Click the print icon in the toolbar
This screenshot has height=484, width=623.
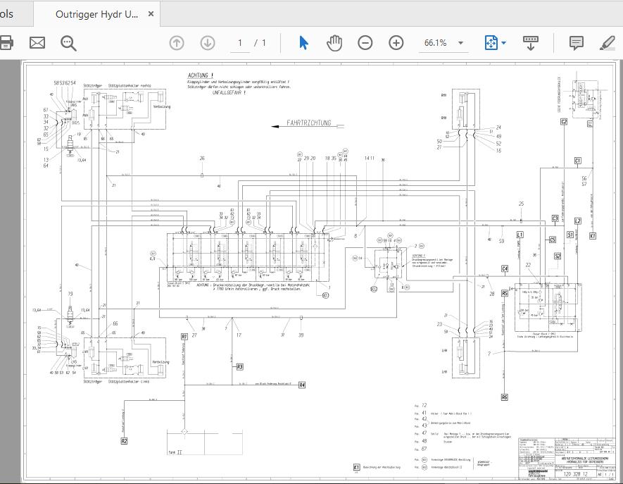(x=6, y=43)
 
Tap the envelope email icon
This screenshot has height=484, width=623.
(x=37, y=43)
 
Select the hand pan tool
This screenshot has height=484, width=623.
(x=334, y=43)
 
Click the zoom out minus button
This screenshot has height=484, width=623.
(x=365, y=43)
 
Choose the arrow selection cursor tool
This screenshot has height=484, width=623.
(x=303, y=43)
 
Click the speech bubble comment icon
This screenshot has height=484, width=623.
(x=576, y=43)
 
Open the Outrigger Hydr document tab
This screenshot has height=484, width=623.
(x=96, y=14)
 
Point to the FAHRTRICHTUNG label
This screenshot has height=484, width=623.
(x=308, y=123)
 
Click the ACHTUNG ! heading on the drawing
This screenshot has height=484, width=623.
(x=201, y=75)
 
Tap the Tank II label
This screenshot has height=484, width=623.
(x=175, y=452)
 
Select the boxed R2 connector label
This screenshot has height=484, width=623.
(x=124, y=441)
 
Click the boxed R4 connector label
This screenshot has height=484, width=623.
(x=301, y=385)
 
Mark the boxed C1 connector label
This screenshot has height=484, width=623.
(x=577, y=161)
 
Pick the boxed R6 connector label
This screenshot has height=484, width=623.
(x=504, y=397)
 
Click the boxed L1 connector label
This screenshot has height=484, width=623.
(x=520, y=234)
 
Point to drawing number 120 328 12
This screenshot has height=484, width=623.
(x=576, y=476)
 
